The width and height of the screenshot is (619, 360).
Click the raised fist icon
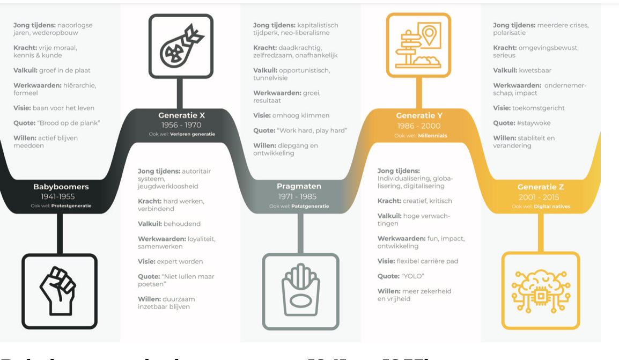(x=59, y=291)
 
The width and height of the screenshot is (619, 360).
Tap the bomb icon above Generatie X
(x=181, y=46)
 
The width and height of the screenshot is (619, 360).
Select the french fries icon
(x=300, y=291)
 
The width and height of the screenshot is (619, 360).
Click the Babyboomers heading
(x=61, y=187)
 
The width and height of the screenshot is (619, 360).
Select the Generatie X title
(x=181, y=115)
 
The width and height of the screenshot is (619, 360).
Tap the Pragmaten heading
(x=299, y=187)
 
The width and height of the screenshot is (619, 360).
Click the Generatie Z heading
(x=541, y=187)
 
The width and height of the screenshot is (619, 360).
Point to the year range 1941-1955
(x=61, y=196)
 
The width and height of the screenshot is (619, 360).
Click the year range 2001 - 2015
(x=541, y=196)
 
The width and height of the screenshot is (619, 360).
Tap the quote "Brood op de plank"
(x=69, y=123)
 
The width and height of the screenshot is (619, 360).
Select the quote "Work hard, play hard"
(x=313, y=130)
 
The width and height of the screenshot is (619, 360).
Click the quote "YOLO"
(x=412, y=276)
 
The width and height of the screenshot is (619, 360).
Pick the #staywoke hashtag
(x=533, y=123)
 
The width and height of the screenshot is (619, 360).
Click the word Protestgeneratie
(x=71, y=205)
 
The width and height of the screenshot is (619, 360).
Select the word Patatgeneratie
(x=310, y=206)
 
